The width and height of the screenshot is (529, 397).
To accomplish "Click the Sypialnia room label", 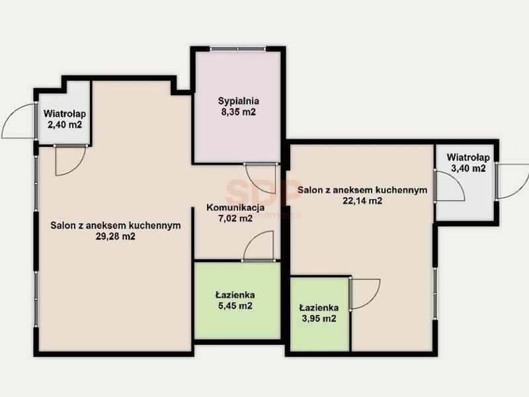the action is tap(239, 101).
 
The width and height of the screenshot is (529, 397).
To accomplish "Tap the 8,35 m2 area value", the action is tap(239, 112).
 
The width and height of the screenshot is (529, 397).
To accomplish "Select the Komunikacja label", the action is tap(235, 208).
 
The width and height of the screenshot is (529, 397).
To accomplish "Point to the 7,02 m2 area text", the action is tap(235, 218).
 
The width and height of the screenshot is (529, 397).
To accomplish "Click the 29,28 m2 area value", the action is tap(115, 236).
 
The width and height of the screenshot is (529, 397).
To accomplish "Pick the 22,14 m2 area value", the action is tap(362, 201).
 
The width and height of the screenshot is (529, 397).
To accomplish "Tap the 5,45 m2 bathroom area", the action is tap(235, 306).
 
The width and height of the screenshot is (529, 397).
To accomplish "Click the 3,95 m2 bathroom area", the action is tap(319, 319).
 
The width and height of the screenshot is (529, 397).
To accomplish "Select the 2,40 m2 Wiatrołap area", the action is tap(65, 124).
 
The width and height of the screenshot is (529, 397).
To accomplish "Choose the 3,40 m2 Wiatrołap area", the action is tap(468, 168).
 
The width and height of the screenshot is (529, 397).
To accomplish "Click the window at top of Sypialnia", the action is tap(238, 49).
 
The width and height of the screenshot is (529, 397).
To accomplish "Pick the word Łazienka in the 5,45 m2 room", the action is tap(235, 294).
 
